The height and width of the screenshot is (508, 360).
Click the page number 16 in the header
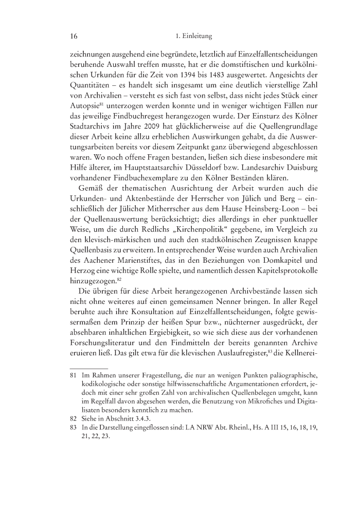73,36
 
